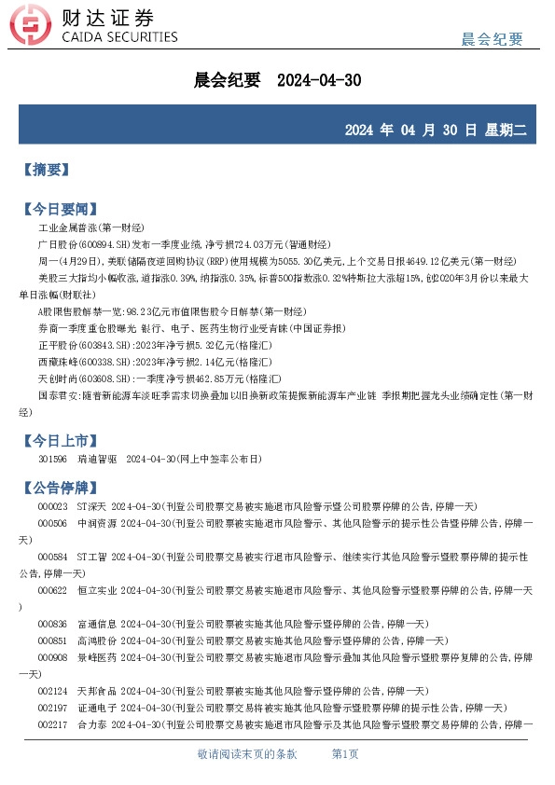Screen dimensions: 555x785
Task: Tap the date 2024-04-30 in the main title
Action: point(319,80)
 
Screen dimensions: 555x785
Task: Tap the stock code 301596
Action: point(52,460)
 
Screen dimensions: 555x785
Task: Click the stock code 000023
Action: point(52,506)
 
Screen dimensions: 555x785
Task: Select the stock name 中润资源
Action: point(97,524)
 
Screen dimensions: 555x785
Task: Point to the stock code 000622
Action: point(52,591)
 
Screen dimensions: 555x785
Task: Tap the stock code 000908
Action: point(52,657)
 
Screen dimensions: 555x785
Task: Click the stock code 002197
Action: point(52,708)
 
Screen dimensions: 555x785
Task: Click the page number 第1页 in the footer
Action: point(345,754)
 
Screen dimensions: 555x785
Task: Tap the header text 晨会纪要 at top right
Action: point(493,38)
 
